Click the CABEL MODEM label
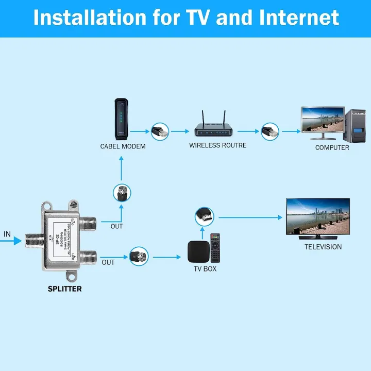coord(123,146)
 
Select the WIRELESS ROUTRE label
coord(217,145)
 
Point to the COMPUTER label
coord(332,147)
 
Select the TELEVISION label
coord(323,247)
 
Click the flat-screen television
coord(318,217)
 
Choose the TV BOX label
coord(205,269)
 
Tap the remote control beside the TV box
coord(215,248)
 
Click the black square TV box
coord(197,250)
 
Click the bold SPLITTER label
coord(64,289)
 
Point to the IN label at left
coord(7,234)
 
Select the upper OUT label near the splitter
coord(116,226)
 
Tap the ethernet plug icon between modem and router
coord(159,131)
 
